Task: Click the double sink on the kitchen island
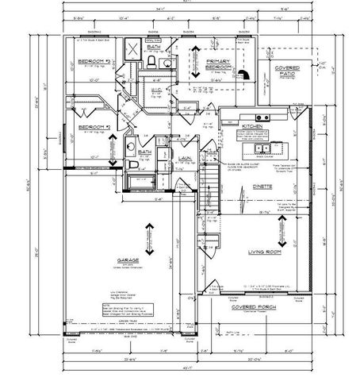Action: click(x=273, y=148)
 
